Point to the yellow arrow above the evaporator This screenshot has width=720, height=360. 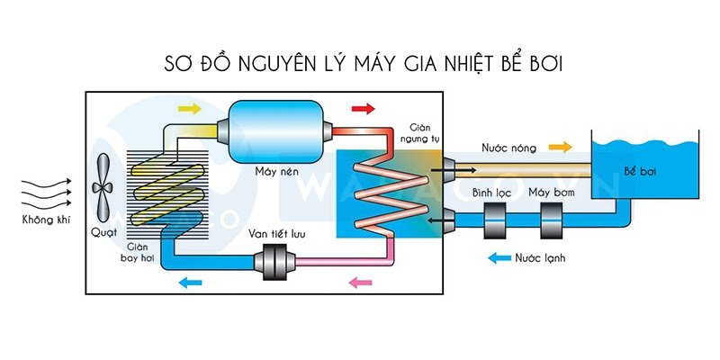click(x=191, y=109)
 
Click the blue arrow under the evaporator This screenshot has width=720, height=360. click(x=191, y=283)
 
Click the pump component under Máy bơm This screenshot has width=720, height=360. click(x=552, y=220)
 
